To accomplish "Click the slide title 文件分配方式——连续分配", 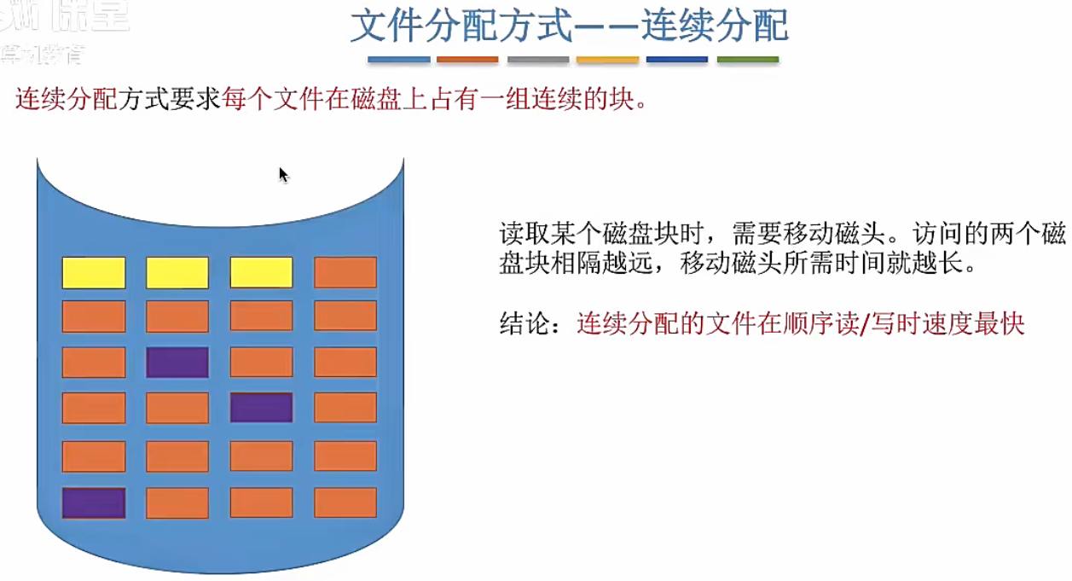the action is pos(569,26).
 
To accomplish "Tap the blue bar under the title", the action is pos(398,60).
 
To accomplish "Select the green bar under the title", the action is pos(748,60).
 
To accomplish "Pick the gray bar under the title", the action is pos(538,60).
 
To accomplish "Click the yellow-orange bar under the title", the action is pos(607,60).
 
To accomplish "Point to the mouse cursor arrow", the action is pos(282,173).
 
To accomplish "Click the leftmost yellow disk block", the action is pos(94,273).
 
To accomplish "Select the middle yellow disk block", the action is pos(177,273).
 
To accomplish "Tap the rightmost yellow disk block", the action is pos(261,273).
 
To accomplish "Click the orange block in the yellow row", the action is pos(345,273).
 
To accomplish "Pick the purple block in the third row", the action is pos(177,363).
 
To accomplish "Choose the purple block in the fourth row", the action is pos(261,408).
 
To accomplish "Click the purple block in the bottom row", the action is pos(94,503).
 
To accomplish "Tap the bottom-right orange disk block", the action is pos(345,503).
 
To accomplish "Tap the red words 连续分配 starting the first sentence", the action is pos(67,100).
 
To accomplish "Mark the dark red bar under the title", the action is pos(467,60).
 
